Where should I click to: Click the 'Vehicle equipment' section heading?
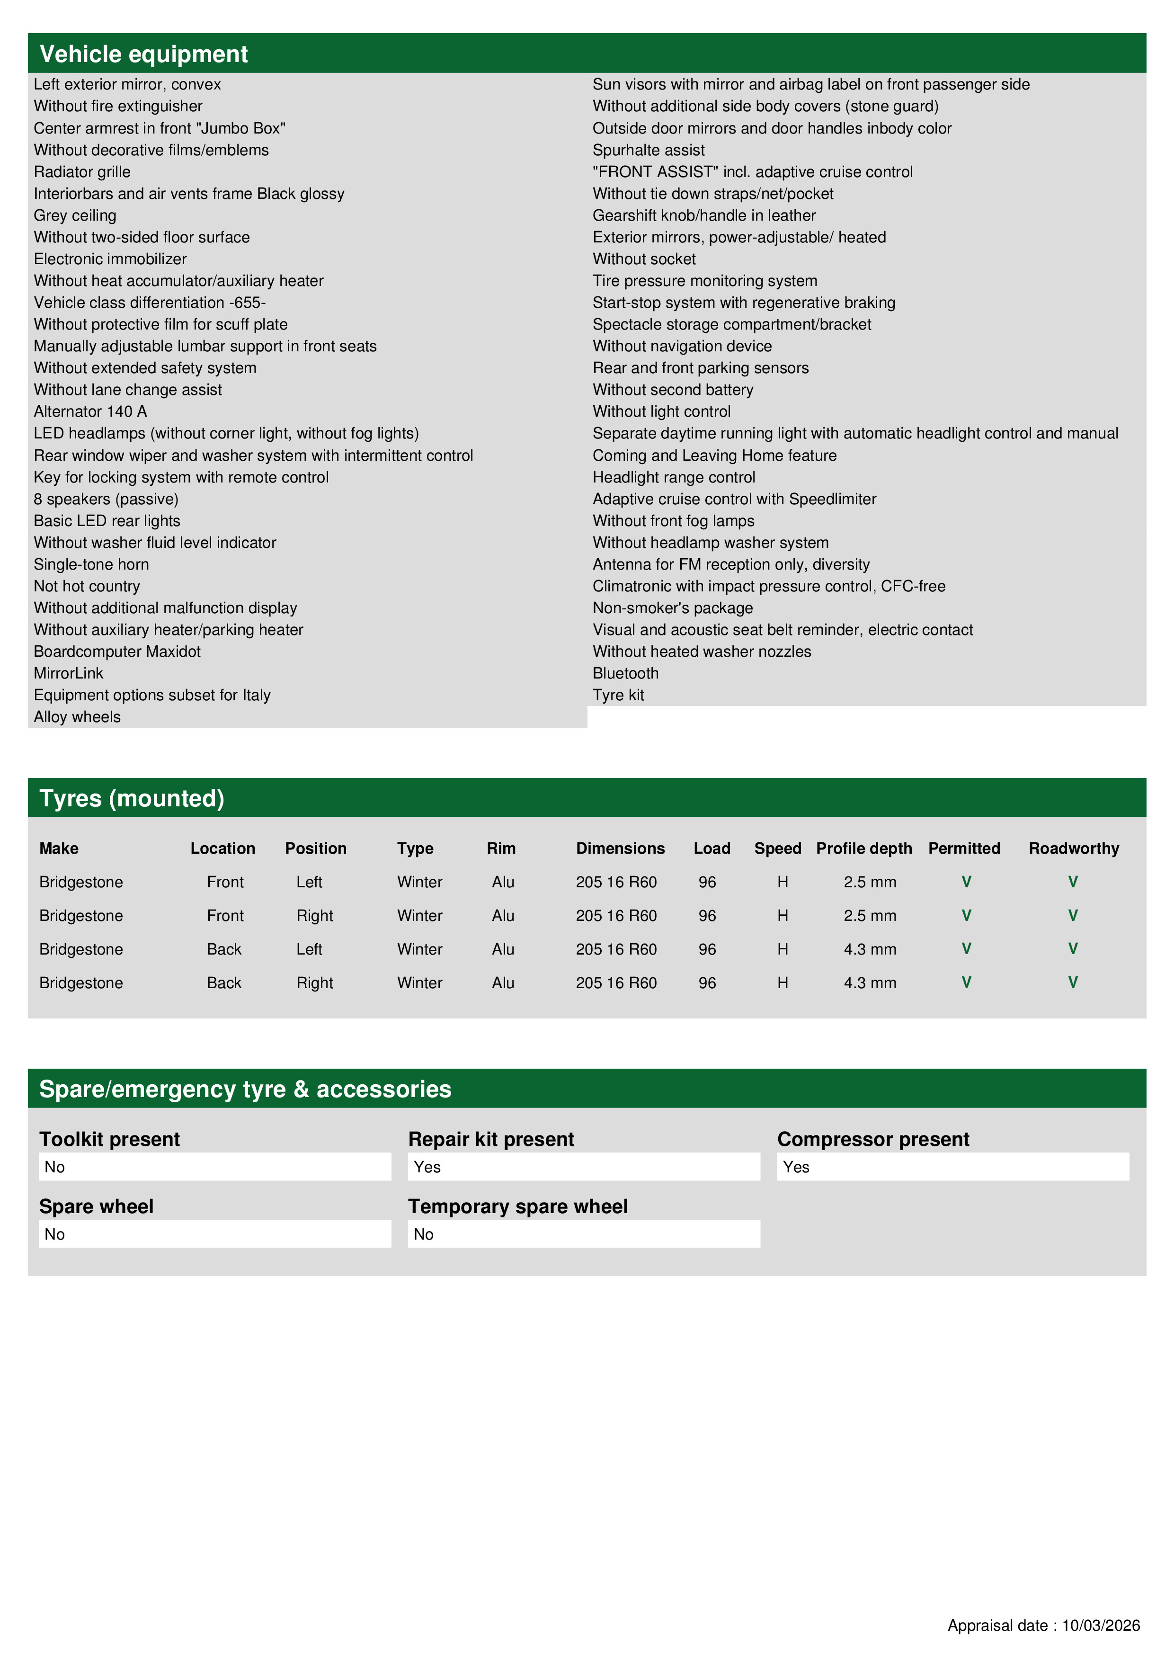click(143, 54)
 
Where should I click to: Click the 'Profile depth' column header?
click(863, 848)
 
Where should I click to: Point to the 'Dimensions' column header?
click(620, 848)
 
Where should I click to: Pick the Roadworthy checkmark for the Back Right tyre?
click(1073, 982)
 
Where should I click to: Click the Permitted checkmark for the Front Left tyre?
click(966, 882)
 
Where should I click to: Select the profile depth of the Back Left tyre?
click(870, 949)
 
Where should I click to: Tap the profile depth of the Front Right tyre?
click(870, 916)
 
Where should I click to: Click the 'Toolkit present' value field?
click(215, 1167)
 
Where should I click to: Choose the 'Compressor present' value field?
click(952, 1167)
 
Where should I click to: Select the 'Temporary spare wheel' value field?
click(584, 1234)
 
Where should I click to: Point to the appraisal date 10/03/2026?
click(1100, 1625)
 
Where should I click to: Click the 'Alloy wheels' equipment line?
click(77, 717)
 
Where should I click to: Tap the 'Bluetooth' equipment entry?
click(626, 673)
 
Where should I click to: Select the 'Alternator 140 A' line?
click(90, 411)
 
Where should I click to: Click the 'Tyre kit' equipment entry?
click(618, 695)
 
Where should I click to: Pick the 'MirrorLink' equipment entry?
click(69, 673)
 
